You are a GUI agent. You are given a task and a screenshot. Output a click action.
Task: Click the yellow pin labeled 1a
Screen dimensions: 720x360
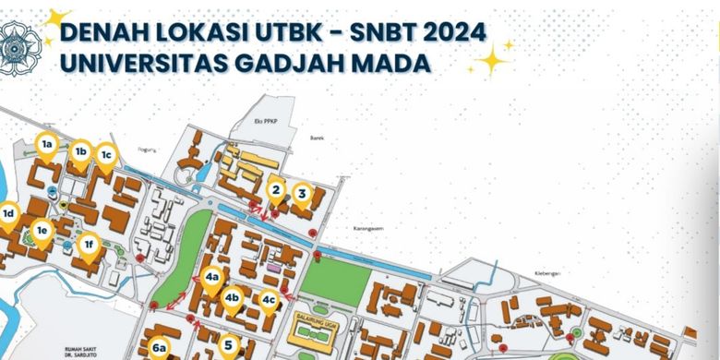click(x=47, y=145)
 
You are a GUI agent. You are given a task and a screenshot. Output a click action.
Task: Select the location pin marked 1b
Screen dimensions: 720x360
click(x=81, y=152)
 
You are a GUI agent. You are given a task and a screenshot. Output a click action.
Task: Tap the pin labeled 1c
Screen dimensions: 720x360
click(x=106, y=156)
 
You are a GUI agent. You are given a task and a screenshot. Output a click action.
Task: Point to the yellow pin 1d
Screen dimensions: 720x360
click(x=9, y=214)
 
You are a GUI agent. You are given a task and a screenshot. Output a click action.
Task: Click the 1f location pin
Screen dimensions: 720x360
click(x=90, y=246)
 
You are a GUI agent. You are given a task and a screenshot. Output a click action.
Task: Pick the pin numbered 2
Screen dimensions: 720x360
click(x=275, y=192)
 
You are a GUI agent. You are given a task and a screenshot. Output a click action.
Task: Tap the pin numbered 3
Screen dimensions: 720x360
click(x=301, y=195)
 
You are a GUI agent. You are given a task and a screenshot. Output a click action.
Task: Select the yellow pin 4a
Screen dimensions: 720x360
click(x=212, y=278)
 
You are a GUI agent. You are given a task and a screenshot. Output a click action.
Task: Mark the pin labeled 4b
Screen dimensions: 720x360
click(x=233, y=298)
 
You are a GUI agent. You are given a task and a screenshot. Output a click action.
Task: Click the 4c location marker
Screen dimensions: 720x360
click(x=269, y=300)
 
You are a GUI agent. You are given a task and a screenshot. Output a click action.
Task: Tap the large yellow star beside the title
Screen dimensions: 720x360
click(x=494, y=60)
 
